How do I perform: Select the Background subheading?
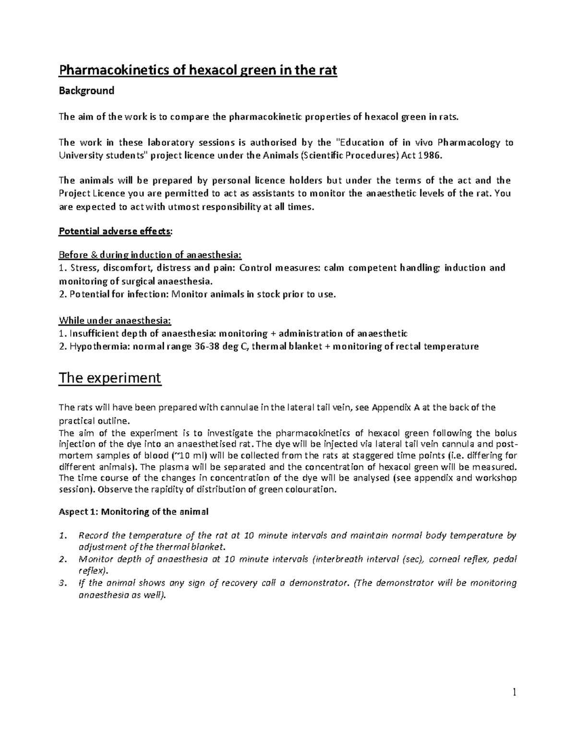tap(86, 91)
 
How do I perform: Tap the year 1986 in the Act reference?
tap(427, 155)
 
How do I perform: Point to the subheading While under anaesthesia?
tap(114, 320)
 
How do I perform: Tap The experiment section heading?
tap(109, 378)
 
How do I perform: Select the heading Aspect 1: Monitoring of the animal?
tap(133, 512)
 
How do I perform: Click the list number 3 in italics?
tap(61, 583)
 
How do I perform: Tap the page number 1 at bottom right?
tap(514, 692)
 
